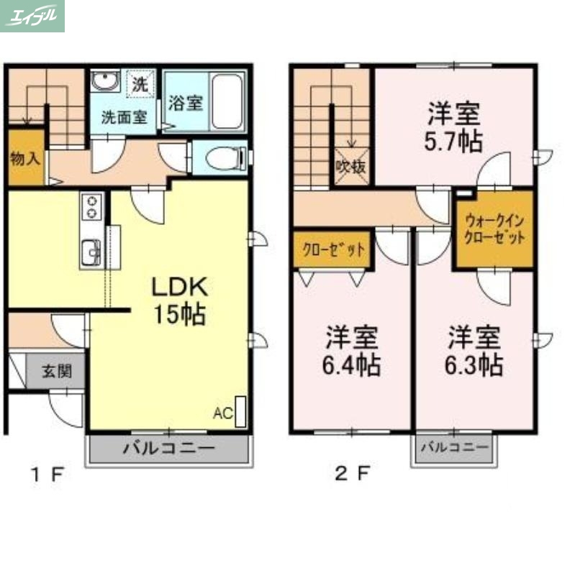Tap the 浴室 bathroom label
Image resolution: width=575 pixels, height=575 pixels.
coord(185,102)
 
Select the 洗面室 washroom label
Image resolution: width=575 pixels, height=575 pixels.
coord(124,117)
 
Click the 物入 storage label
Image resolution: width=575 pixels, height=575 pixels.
coord(24,159)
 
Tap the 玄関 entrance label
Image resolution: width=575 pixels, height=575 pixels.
coord(55,372)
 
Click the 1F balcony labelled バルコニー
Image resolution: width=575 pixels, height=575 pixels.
coord(169,448)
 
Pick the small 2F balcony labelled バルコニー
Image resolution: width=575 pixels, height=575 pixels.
coord(454,448)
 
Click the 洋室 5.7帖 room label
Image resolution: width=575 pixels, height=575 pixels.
coord(454,126)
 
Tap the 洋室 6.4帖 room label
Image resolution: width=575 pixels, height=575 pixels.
coord(351,351)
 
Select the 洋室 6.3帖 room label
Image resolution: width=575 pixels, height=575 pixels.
coord(473,351)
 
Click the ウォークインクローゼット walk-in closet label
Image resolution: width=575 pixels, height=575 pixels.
coord(494,229)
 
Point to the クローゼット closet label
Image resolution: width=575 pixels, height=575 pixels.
coord(332,250)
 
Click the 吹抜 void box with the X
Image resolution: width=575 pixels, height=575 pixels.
coord(351,167)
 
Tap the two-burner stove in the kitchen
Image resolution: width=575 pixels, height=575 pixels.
coord(93,207)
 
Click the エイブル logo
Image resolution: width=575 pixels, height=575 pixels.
coord(32,15)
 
